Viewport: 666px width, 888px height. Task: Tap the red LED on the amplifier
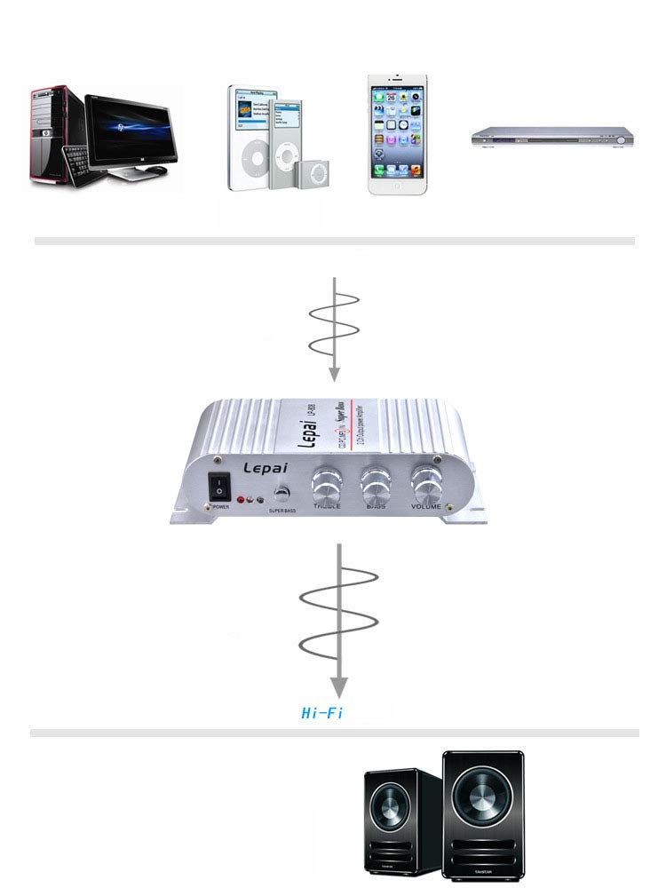(x=241, y=500)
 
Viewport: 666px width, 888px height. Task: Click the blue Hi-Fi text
(x=322, y=713)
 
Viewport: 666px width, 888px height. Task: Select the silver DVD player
(x=551, y=136)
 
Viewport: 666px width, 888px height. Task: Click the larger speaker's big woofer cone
(x=483, y=801)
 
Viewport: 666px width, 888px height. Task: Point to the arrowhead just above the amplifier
(x=334, y=376)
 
